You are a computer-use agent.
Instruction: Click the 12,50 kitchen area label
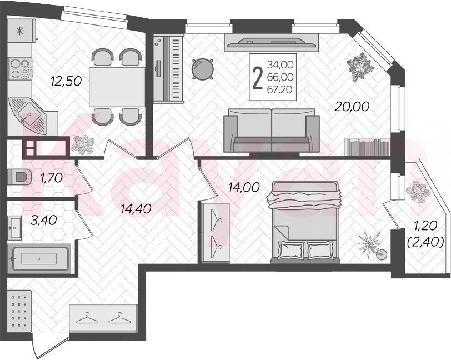click(x=66, y=81)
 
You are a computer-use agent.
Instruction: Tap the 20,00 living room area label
click(x=352, y=107)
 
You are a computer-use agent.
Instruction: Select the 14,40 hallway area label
click(x=136, y=209)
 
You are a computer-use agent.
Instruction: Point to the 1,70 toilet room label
click(x=52, y=178)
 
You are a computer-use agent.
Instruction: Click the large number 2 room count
click(x=257, y=77)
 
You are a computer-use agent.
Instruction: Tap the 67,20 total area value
click(x=280, y=90)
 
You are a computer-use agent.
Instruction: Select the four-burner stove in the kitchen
click(x=20, y=68)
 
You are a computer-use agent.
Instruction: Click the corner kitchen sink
click(x=28, y=116)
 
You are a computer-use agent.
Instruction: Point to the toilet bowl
click(x=19, y=177)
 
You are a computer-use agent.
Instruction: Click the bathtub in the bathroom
click(x=39, y=258)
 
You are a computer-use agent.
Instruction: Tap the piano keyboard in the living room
click(x=168, y=68)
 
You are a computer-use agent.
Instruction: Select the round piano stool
click(x=203, y=69)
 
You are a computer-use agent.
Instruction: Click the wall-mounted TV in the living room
click(x=272, y=42)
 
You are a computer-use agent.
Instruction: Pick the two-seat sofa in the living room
click(x=272, y=131)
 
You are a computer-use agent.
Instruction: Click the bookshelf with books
click(x=367, y=147)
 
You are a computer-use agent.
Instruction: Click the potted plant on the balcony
click(x=418, y=190)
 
